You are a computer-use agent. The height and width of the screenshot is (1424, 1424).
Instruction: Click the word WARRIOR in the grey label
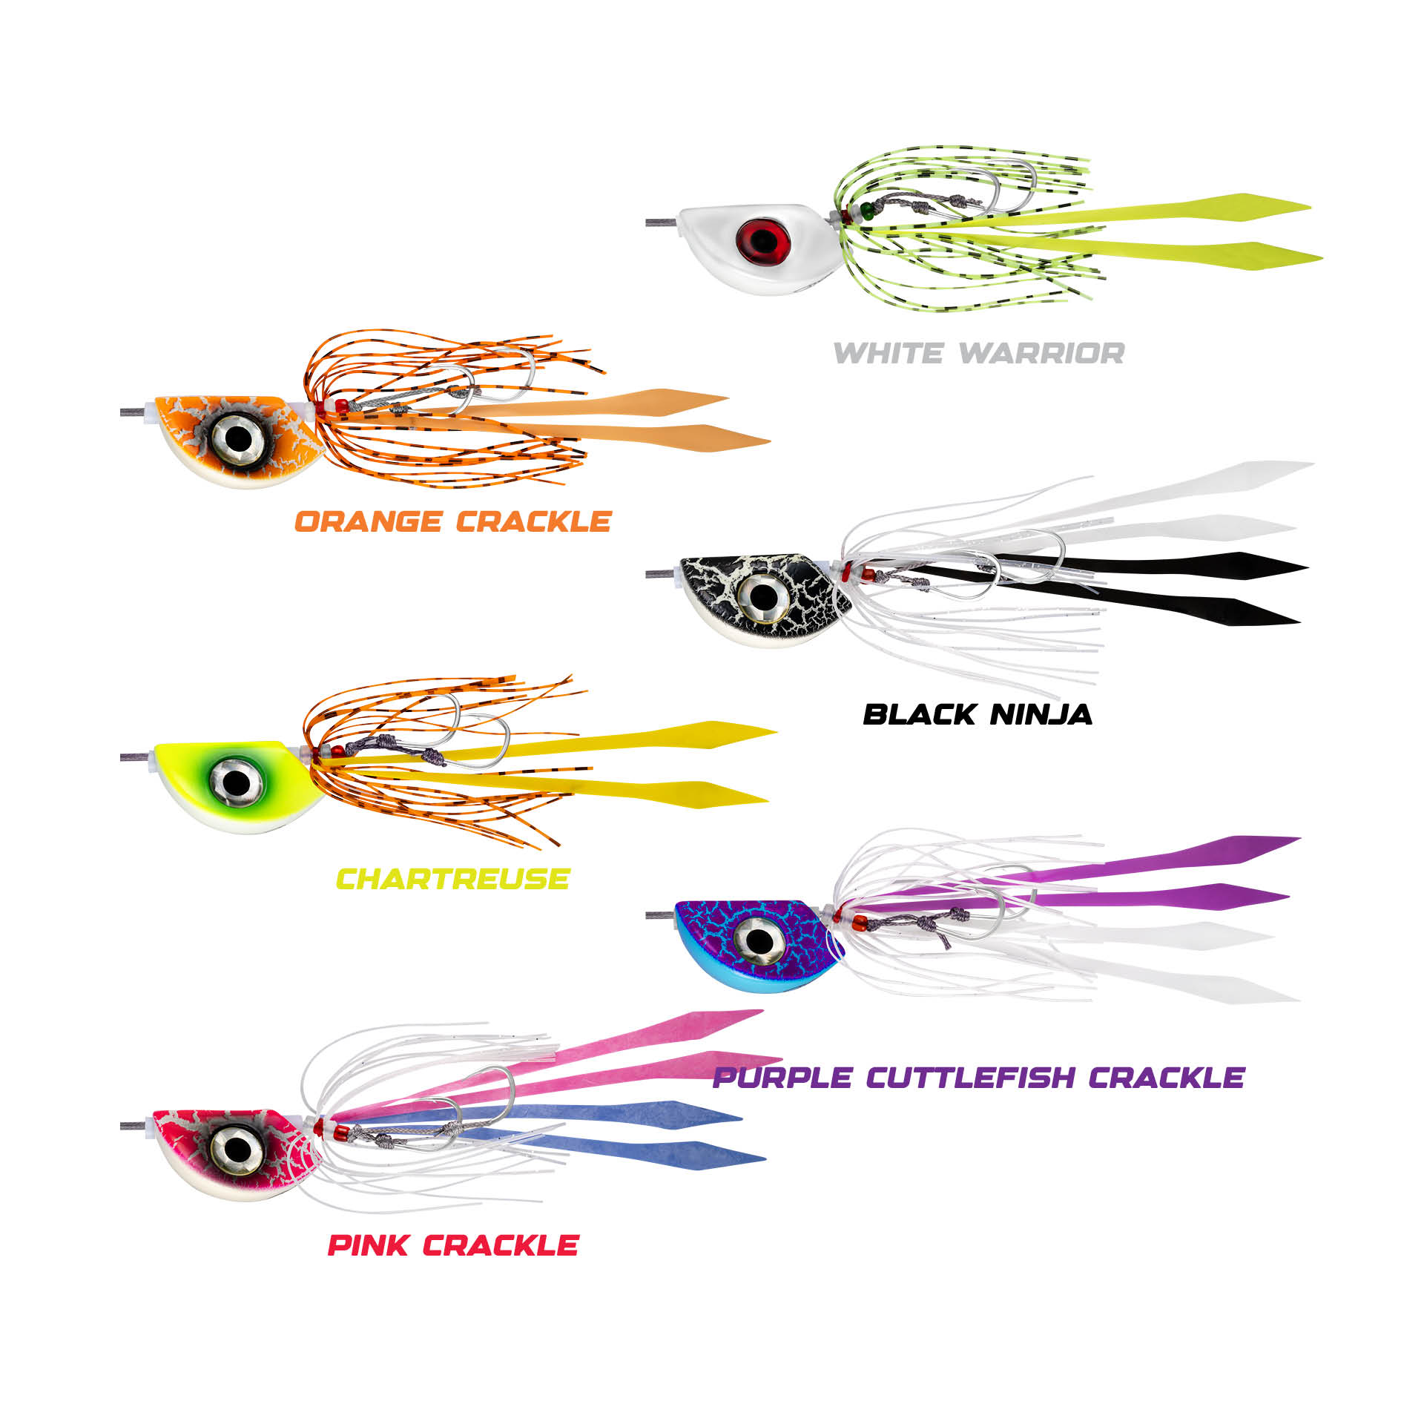click(1041, 354)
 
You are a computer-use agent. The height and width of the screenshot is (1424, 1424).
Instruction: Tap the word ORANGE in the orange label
click(368, 522)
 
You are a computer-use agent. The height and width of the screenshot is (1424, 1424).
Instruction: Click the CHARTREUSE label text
click(452, 880)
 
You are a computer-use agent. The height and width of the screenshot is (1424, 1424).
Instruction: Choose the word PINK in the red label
click(368, 1245)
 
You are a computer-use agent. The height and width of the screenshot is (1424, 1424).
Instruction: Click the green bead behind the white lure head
click(865, 211)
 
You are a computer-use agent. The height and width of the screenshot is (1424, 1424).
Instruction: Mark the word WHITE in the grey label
click(889, 354)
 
